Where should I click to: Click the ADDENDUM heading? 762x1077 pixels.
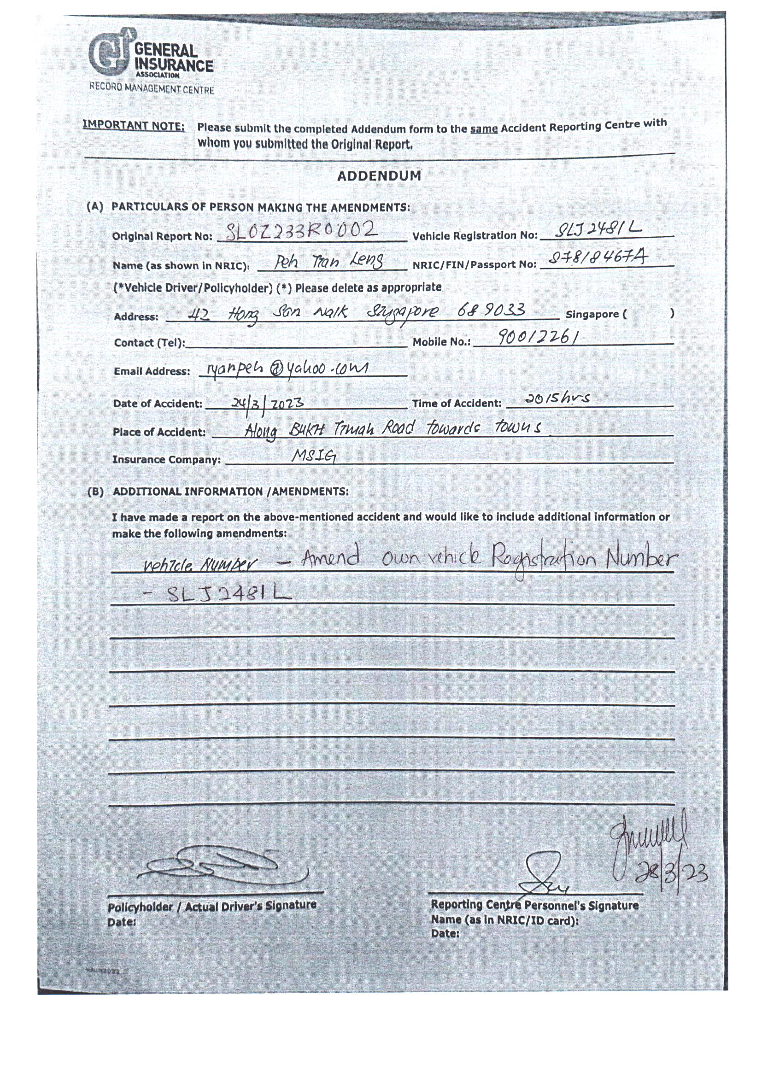click(x=379, y=176)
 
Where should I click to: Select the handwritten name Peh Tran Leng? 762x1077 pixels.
click(x=328, y=261)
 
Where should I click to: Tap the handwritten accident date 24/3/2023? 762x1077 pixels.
click(x=268, y=404)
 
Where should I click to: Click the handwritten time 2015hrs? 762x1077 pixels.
click(x=557, y=398)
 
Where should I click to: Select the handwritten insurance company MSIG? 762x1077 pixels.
click(x=313, y=455)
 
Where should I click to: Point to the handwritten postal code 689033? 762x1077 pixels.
click(x=491, y=311)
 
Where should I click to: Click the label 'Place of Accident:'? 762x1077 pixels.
click(x=159, y=432)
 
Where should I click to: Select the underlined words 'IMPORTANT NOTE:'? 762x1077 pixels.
click(x=134, y=126)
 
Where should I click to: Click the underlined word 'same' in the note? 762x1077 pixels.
click(x=484, y=128)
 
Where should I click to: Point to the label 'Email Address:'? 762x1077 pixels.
click(x=152, y=371)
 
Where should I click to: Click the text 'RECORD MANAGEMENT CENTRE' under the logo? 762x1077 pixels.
click(x=152, y=88)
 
